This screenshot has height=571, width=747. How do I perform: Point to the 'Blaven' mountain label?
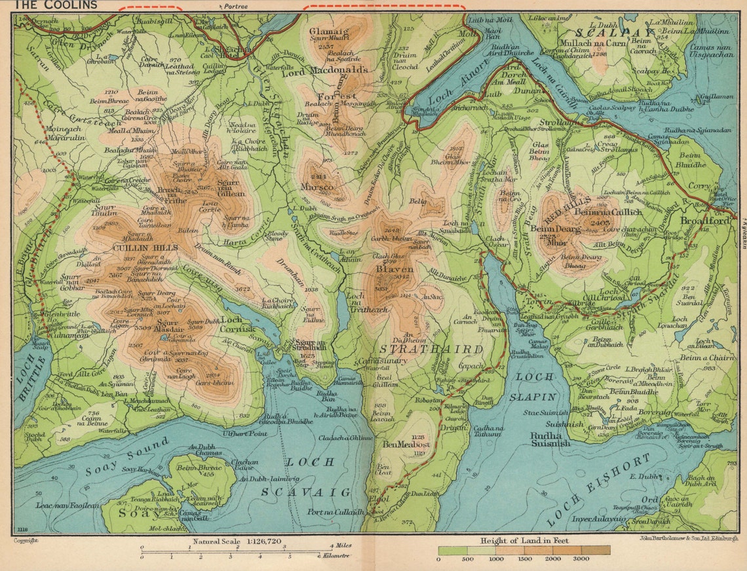tap(394, 268)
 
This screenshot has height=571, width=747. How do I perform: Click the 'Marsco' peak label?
tap(316, 187)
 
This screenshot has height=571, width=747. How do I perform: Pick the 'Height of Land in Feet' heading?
tap(524, 541)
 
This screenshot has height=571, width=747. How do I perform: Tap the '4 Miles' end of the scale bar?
tap(339, 545)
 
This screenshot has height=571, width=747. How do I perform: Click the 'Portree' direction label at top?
tap(236, 5)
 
